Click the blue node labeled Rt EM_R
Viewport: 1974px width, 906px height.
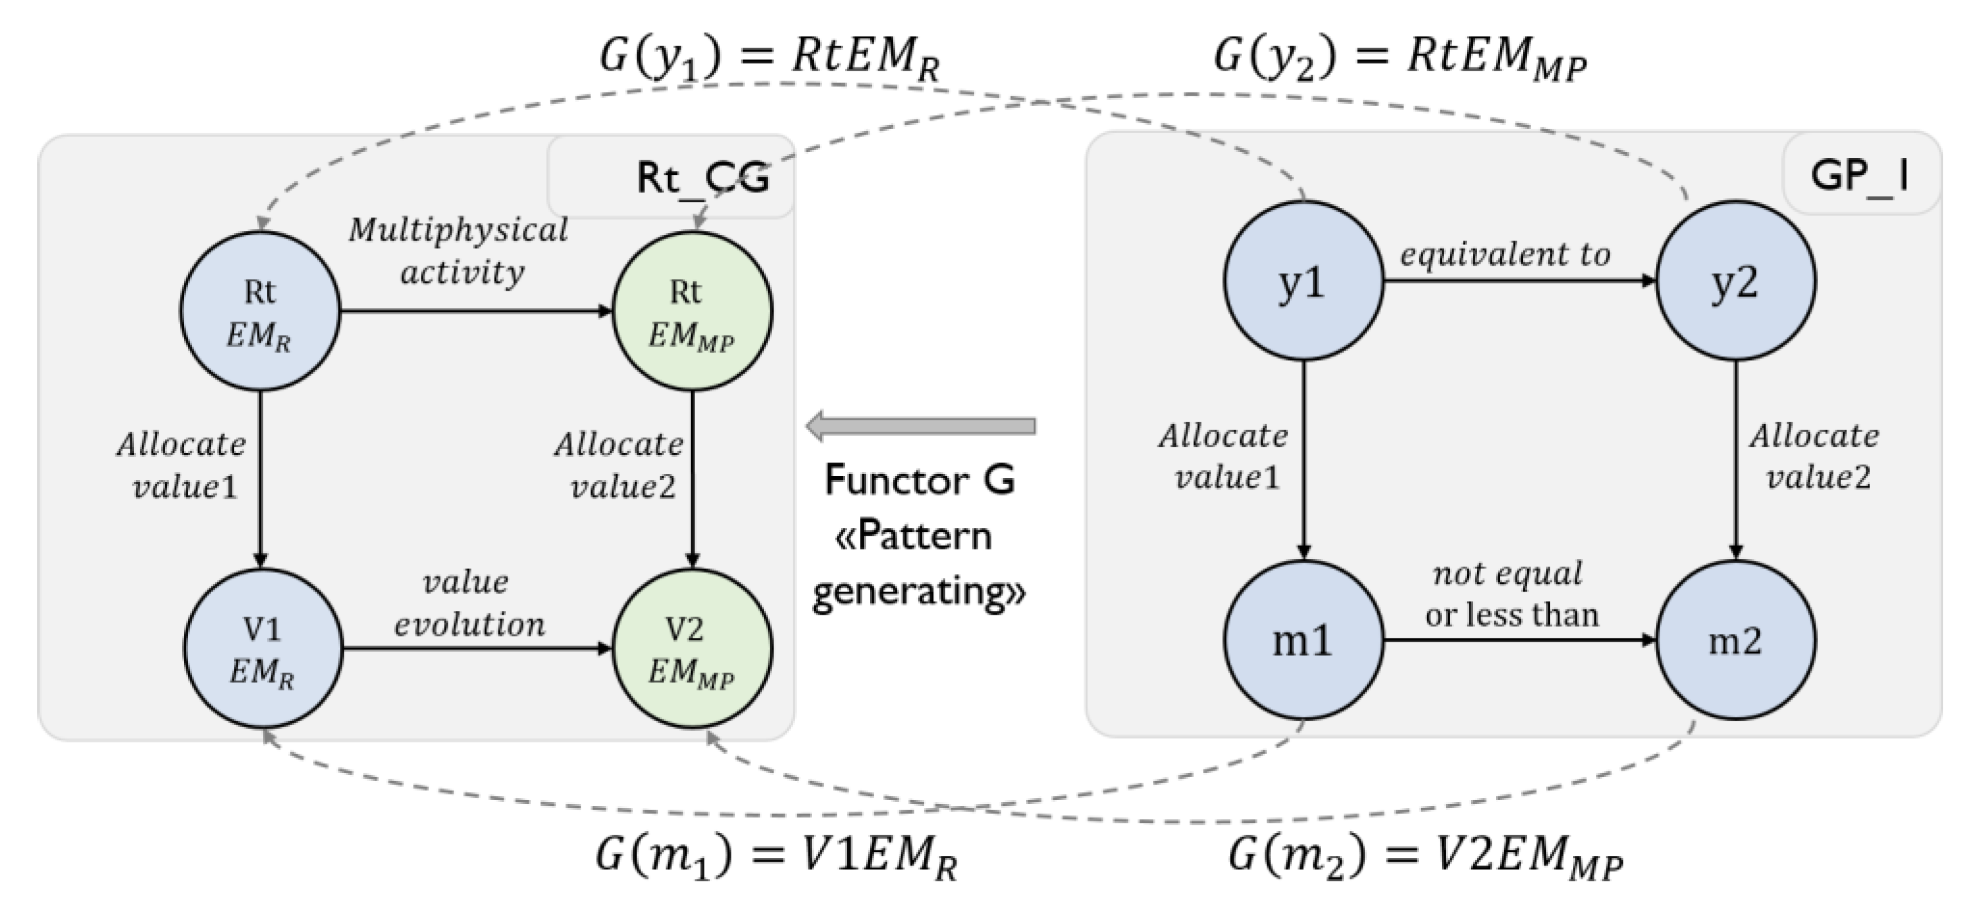coord(260,311)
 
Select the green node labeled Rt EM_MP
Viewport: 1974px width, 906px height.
coord(692,311)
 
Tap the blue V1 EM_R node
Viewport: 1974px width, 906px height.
coord(263,649)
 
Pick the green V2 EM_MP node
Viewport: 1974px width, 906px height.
coord(692,649)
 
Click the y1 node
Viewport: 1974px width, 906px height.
coord(1303,280)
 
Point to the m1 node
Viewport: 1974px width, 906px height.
coord(1303,640)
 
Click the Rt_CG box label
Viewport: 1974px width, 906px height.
coord(702,178)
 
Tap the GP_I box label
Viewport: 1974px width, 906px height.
coord(1859,175)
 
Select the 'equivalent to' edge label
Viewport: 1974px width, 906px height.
coord(1505,255)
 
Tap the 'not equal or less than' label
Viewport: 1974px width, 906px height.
coord(1510,595)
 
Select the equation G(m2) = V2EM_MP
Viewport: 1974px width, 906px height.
coord(1425,855)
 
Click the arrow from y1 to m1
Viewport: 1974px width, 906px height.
coord(1303,460)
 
